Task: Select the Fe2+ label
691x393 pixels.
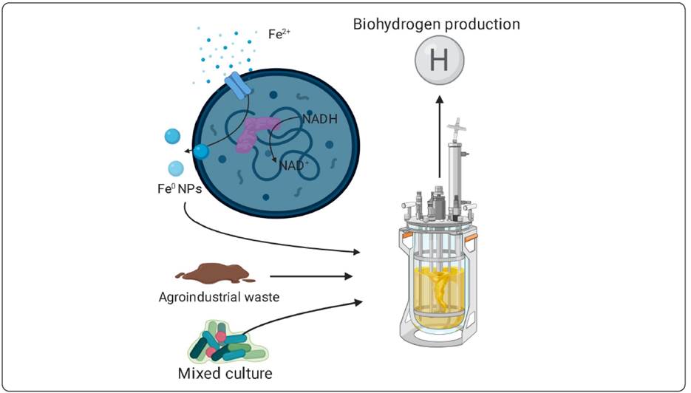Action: pyautogui.click(x=279, y=33)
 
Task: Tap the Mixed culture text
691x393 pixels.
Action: pyautogui.click(x=225, y=373)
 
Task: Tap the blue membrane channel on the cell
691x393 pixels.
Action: pyautogui.click(x=238, y=85)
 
